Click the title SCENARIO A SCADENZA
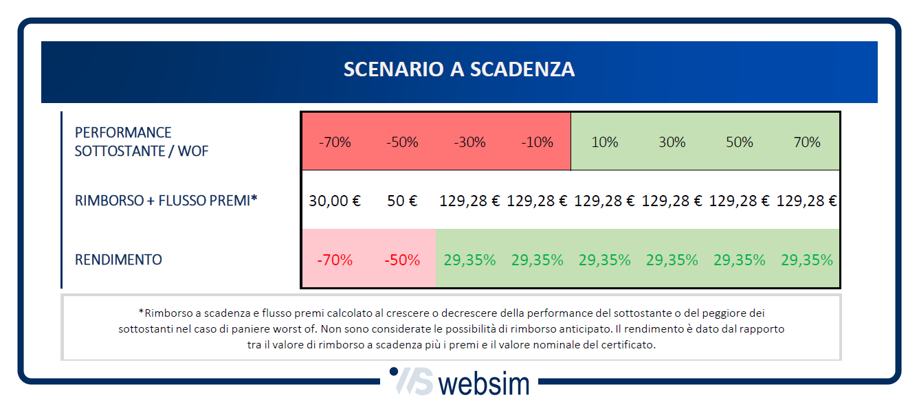point(459,70)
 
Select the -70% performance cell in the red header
point(335,142)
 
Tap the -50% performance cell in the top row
point(402,142)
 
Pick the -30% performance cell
point(469,142)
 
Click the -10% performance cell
point(537,142)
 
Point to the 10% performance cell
point(604,142)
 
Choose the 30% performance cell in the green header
point(672,142)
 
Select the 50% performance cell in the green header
point(739,142)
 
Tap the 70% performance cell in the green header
point(806,142)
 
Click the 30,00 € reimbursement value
point(335,201)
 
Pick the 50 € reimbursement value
point(402,201)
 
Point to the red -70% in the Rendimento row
point(335,260)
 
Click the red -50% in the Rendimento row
point(402,260)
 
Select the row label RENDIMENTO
point(118,260)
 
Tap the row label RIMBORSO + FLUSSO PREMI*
point(166,201)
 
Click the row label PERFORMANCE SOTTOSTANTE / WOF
point(142,142)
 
